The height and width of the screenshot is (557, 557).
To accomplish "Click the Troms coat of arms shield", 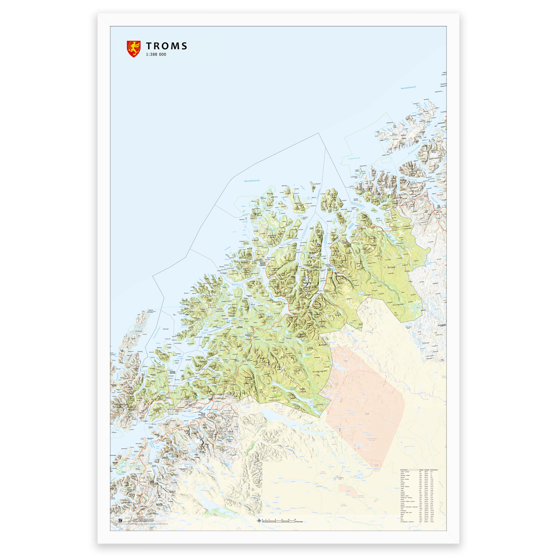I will tap(134, 49).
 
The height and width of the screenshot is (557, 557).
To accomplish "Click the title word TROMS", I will tap(167, 46).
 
